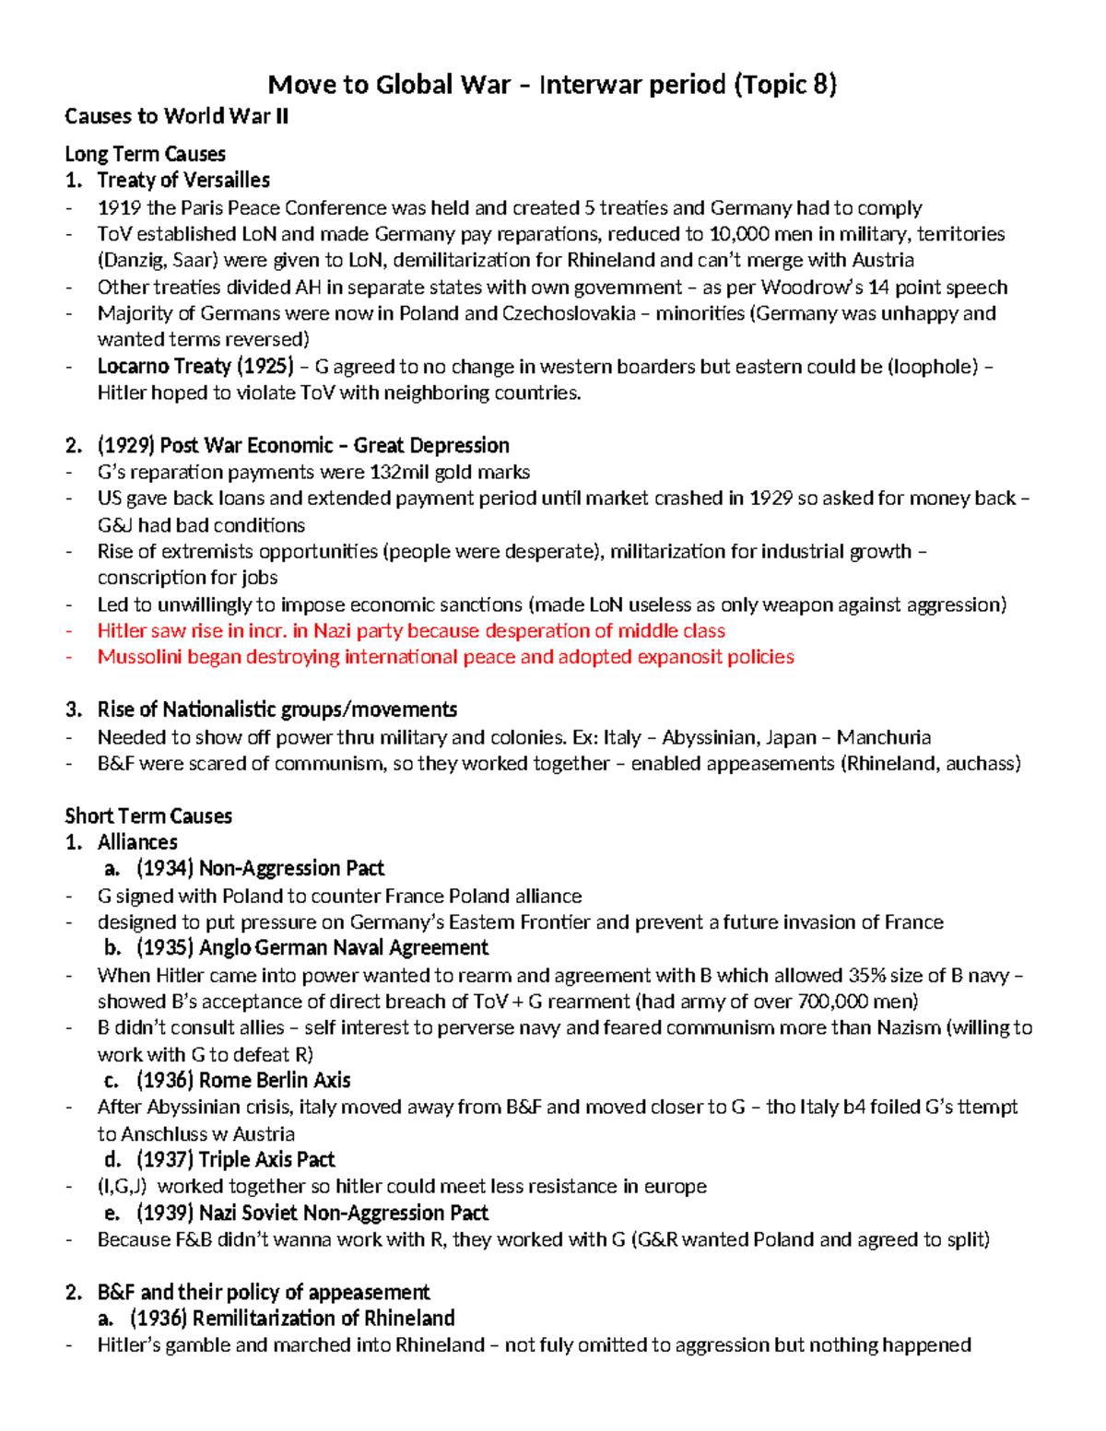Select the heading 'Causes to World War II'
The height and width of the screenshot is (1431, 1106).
pyautogui.click(x=176, y=116)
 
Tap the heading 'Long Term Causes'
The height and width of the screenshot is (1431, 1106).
pyautogui.click(x=145, y=154)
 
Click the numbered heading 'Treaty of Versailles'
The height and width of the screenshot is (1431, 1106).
pyautogui.click(x=183, y=180)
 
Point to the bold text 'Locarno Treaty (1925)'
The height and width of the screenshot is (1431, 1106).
pyautogui.click(x=195, y=367)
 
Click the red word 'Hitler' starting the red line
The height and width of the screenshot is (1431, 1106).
pyautogui.click(x=123, y=631)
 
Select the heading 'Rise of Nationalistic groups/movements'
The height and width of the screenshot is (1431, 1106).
pyautogui.click(x=276, y=710)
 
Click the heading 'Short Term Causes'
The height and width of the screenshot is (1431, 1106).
pyautogui.click(x=147, y=816)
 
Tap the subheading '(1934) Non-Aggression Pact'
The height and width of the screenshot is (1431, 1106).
pyautogui.click(x=260, y=869)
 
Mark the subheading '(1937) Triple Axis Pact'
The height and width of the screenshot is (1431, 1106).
pyautogui.click(x=235, y=1159)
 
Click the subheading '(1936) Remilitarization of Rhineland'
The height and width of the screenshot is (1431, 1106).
pyautogui.click(x=292, y=1319)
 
